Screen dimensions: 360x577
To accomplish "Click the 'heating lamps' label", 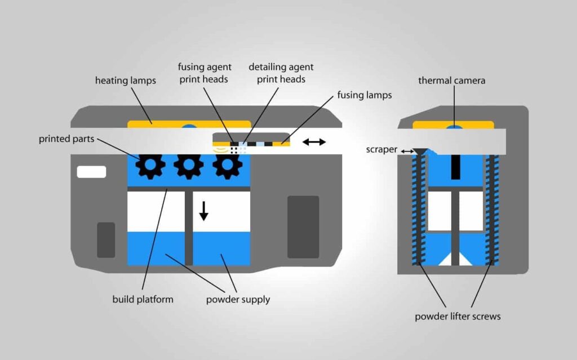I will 125,81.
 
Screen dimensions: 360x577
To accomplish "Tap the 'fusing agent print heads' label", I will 203,73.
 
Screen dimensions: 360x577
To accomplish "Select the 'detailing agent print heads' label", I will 281,73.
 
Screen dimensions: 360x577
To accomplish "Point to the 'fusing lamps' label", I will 364,95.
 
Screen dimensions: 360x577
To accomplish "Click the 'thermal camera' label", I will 451,81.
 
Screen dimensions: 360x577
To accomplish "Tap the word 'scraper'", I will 380,150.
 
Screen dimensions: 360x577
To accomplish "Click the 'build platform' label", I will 143,299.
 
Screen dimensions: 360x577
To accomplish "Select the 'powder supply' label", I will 239,299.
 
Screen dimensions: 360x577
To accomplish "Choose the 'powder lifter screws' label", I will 458,316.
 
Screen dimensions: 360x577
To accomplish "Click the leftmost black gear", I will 151,166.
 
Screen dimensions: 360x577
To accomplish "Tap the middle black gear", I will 189,166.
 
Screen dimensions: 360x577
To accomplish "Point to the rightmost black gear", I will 227,166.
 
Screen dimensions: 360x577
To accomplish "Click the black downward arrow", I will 204,210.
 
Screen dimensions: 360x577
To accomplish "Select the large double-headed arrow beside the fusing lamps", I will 314,141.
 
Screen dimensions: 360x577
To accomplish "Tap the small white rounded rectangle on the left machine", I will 91,172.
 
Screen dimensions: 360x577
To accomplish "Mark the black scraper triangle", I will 420,151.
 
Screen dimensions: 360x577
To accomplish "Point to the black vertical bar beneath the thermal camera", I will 455,167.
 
